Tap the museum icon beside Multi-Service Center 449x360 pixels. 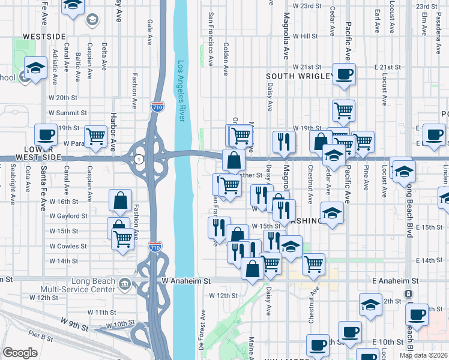click(125, 284)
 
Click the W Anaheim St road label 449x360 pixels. click(187, 280)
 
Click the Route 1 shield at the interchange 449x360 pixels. click(139, 159)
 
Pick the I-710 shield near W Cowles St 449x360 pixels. click(154, 246)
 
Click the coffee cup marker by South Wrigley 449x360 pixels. click(344, 75)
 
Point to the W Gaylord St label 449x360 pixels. click(68, 215)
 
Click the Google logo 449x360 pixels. click(19, 353)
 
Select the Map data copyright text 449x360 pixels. click(423, 355)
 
